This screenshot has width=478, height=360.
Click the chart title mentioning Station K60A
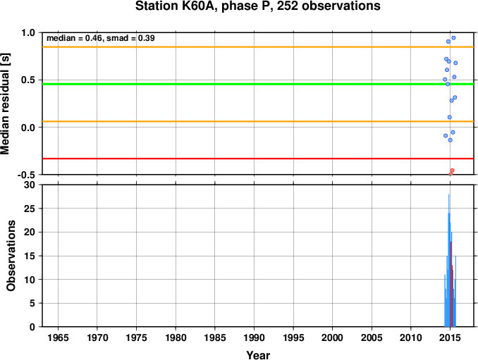[x=257, y=6]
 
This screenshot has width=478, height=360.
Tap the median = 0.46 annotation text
[x=74, y=38]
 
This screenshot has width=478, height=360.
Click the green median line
[x=258, y=84]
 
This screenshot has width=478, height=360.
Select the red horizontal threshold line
[x=258, y=159]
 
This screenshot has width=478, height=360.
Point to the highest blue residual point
[x=453, y=38]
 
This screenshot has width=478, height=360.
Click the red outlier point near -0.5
[x=452, y=170]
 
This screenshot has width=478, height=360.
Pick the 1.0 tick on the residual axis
[x=28, y=32]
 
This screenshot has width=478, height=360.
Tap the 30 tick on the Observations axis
[x=30, y=185]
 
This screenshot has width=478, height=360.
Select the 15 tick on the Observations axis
[x=30, y=256]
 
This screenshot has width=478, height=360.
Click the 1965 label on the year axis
[x=58, y=337]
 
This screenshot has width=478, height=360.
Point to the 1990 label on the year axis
[x=254, y=337]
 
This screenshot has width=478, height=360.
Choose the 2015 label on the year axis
[x=450, y=337]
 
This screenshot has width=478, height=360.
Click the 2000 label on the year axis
[x=332, y=337]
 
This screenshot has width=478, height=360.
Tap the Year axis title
[x=258, y=355]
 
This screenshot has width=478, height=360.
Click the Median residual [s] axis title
[x=5, y=104]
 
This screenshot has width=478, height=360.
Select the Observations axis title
[x=11, y=256]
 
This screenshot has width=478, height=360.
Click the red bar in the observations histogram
[x=451, y=284]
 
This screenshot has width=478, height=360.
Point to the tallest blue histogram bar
[x=448, y=261]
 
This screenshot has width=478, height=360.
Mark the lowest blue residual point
[x=451, y=140]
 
